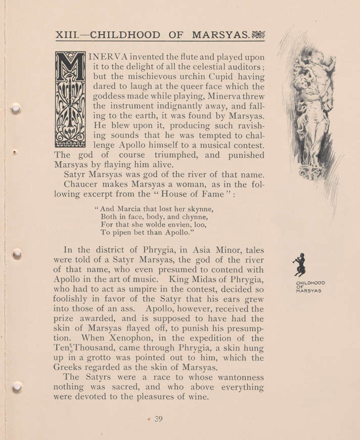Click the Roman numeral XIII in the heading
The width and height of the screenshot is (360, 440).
pos(65,35)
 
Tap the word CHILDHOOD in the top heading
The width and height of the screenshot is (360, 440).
pos(124,35)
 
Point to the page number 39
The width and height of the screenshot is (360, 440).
pos(156,419)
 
